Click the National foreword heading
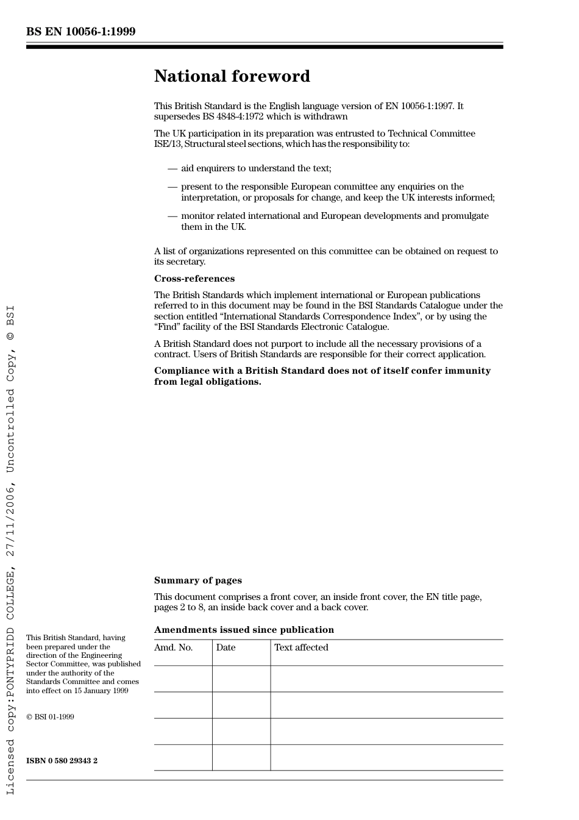pyautogui.click(x=232, y=76)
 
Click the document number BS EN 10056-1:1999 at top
pyautogui.click(x=80, y=32)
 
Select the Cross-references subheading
pyautogui.click(x=194, y=279)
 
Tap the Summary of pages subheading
pyautogui.click(x=197, y=580)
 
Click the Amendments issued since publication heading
pyautogui.click(x=244, y=630)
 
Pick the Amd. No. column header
pyautogui.click(x=173, y=647)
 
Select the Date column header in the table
pyautogui.click(x=226, y=647)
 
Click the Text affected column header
pyautogui.click(x=301, y=647)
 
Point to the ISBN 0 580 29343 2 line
pyautogui.click(x=62, y=761)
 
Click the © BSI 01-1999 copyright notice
pyautogui.click(x=50, y=717)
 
